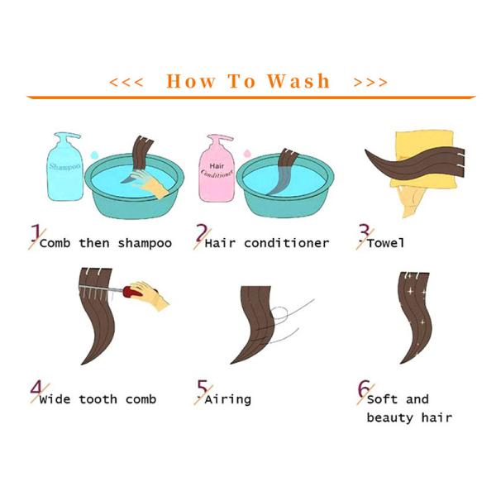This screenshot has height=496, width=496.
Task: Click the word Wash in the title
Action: point(298,81)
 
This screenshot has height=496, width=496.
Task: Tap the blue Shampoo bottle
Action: point(64,167)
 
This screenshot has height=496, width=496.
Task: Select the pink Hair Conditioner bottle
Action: point(217,169)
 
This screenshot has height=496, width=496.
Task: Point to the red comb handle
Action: point(133,291)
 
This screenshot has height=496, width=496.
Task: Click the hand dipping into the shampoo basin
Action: point(150,183)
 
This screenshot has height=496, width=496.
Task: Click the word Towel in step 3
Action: point(386,243)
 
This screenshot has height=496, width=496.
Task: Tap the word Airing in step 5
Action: point(228,399)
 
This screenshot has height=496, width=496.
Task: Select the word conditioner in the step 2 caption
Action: point(287,243)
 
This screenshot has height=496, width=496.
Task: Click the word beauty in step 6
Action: point(390,417)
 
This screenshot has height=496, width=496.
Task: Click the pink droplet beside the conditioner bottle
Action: point(246,154)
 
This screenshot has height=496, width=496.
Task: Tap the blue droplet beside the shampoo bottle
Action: point(94,155)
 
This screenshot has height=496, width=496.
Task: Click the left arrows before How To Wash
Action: point(126,82)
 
